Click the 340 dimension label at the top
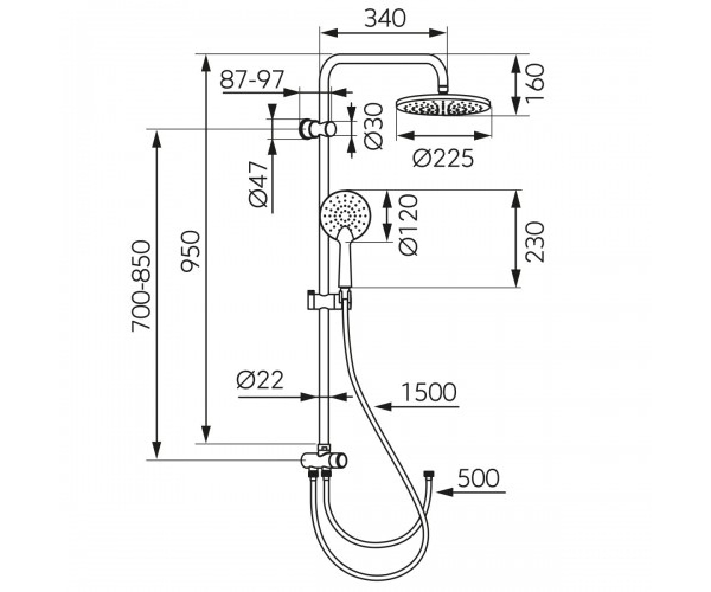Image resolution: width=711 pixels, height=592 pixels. click(x=385, y=18)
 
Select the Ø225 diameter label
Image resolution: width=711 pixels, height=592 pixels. click(x=443, y=158)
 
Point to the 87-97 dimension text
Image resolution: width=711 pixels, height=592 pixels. click(x=252, y=79)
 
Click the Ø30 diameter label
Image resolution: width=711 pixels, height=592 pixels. click(x=373, y=127)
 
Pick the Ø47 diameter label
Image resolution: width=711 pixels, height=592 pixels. click(x=258, y=184)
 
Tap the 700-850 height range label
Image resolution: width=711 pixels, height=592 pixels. click(x=140, y=285)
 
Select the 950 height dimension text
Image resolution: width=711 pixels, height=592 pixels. click(x=190, y=252)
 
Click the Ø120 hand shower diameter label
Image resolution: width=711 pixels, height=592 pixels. click(x=408, y=224)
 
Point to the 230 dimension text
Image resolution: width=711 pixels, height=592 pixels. click(x=534, y=242)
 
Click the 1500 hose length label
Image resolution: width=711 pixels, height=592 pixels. click(x=428, y=392)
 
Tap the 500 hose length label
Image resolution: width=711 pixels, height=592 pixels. click(x=478, y=478)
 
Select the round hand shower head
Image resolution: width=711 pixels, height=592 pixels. click(x=345, y=213)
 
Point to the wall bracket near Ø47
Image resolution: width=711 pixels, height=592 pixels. click(x=318, y=129)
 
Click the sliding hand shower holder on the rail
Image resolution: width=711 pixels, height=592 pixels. click(x=328, y=300)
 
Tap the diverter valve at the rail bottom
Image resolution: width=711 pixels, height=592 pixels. click(x=324, y=459)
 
